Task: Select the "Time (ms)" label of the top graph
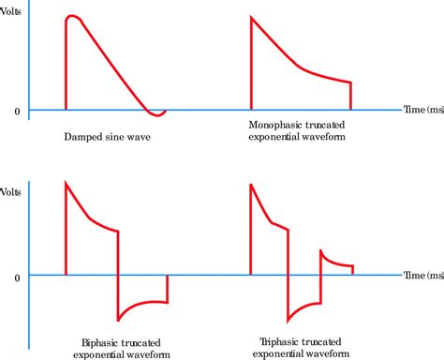[423, 111]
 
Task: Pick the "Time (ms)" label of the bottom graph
[423, 276]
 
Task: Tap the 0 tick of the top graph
[16, 112]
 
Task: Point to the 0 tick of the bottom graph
[16, 277]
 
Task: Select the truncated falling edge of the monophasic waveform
[351, 96]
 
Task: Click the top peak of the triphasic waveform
[252, 184]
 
